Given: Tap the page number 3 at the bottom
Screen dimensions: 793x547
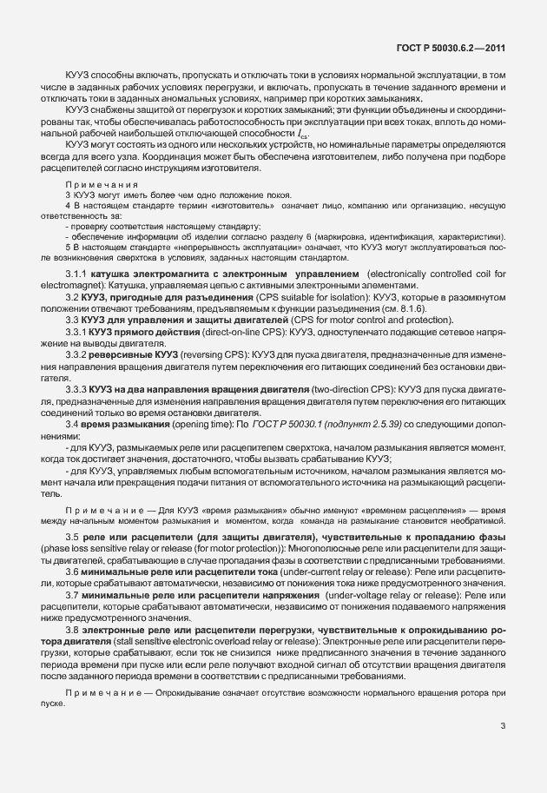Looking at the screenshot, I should (x=502, y=726).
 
